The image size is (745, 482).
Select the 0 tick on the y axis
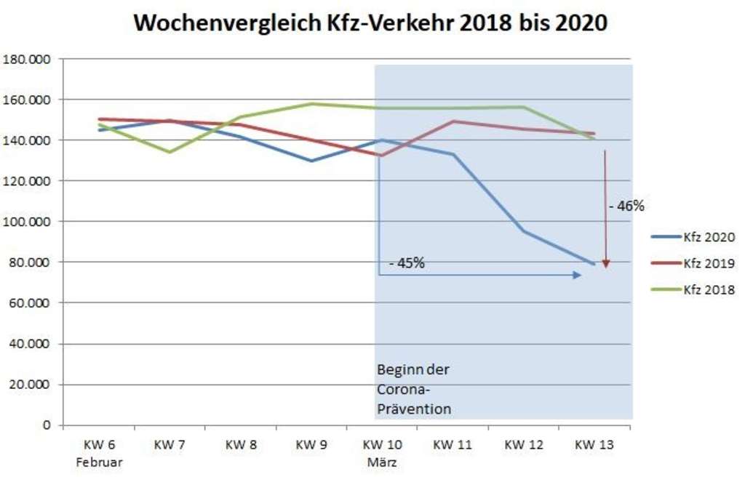(x=46, y=425)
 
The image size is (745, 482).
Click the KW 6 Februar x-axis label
(x=99, y=453)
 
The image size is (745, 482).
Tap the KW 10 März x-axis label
(x=382, y=453)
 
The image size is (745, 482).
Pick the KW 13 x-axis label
(x=594, y=446)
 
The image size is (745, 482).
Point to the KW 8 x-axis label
(x=241, y=446)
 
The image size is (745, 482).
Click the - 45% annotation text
(x=407, y=263)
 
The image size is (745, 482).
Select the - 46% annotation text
(x=626, y=206)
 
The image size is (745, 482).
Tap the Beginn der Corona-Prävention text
(x=414, y=389)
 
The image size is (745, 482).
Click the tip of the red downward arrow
(x=605, y=267)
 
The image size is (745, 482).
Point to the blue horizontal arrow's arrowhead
(x=578, y=275)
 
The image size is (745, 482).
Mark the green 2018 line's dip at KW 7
(x=170, y=152)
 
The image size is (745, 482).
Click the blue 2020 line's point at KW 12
(x=523, y=230)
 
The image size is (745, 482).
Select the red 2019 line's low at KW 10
(x=381, y=155)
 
